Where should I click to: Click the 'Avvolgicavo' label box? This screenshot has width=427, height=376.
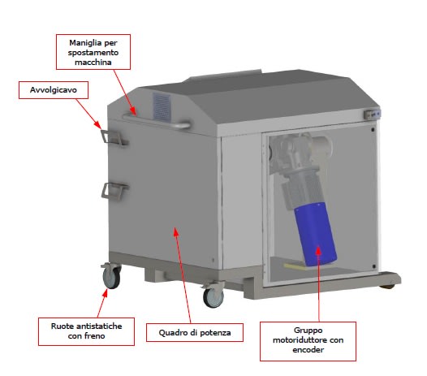coord(54,90)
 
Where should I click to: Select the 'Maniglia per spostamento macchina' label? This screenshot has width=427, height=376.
coord(93,52)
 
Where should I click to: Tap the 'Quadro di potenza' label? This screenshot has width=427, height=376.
coord(195,333)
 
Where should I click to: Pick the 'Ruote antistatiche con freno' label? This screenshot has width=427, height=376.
coord(86,331)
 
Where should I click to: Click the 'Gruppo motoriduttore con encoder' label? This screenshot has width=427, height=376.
coord(308,341)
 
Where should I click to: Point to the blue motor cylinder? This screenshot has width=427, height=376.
coord(316,235)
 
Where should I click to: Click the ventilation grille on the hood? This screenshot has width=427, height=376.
coord(162,107)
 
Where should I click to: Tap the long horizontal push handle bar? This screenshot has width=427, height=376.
coord(157,122)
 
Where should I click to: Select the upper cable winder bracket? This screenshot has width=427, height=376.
coord(114,137)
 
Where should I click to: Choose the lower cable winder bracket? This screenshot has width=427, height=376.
coord(114,190)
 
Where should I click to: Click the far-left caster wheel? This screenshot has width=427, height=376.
coord(111,277)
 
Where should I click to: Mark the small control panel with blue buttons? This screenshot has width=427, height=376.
coord(372,115)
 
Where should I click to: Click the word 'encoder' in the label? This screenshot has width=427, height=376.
coord(308,350)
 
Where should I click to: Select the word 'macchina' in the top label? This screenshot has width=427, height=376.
coord(93,63)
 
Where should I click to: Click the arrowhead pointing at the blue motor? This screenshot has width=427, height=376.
coord(318,249)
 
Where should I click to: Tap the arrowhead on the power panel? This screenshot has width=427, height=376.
coord(176,232)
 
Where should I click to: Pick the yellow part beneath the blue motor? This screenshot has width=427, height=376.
coord(295,266)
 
